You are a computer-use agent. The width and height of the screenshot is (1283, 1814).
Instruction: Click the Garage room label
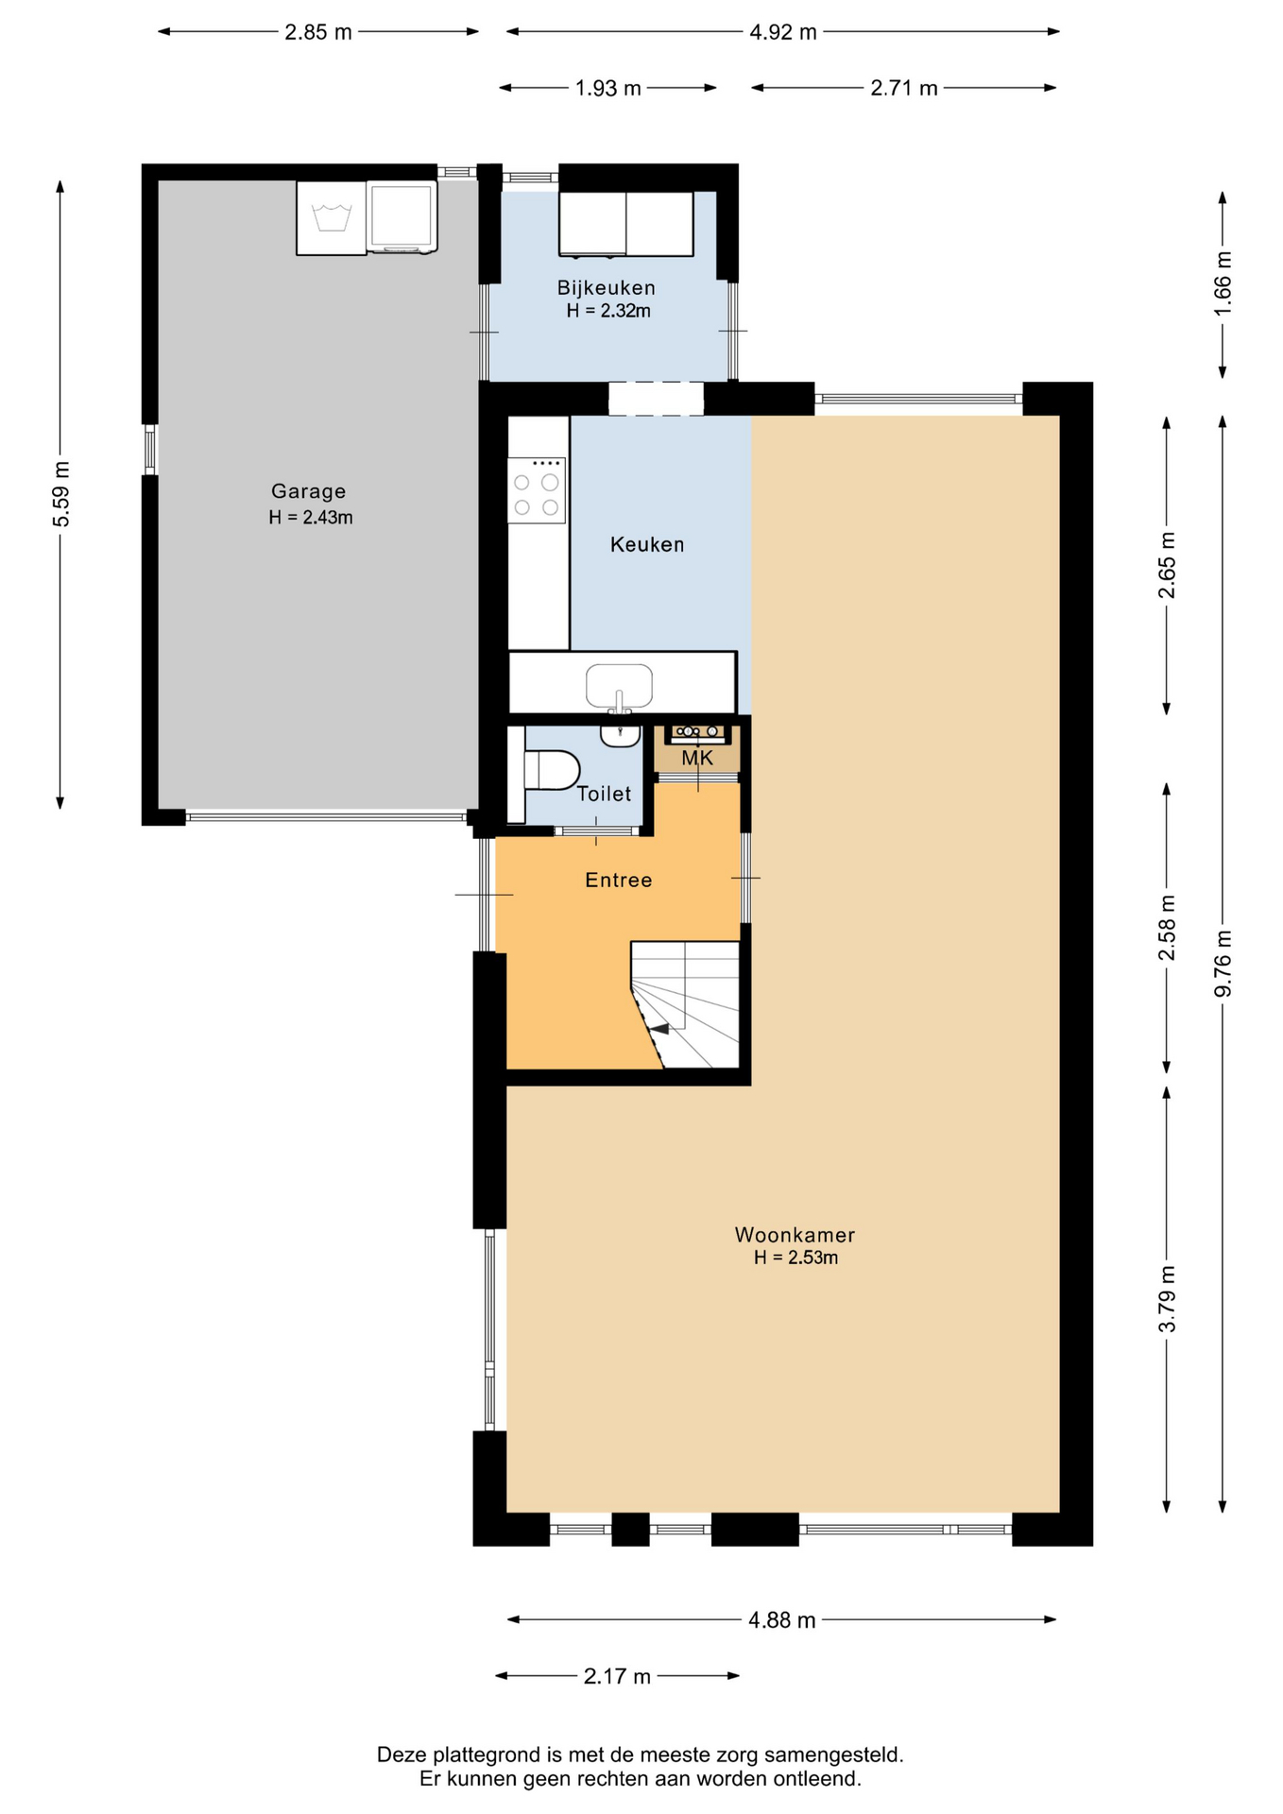[308, 491]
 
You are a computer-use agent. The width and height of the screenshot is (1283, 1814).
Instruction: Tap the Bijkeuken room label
[606, 288]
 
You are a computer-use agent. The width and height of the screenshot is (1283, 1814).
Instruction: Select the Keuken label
[647, 544]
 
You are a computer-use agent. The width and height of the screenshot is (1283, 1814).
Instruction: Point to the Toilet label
[604, 794]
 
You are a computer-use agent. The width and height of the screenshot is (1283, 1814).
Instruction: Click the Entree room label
[619, 881]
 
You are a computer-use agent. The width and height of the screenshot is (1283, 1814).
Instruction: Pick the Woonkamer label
[795, 1235]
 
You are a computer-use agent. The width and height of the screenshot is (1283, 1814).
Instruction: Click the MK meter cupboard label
[697, 758]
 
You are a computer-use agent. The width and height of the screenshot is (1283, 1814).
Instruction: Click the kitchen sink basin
[619, 686]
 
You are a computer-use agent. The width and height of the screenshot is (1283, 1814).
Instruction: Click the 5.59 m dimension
[60, 495]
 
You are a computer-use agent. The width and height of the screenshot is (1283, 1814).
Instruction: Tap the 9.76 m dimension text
[1223, 964]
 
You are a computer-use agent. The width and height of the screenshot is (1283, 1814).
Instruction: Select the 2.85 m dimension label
[318, 32]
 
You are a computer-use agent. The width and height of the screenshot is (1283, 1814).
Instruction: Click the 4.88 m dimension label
[782, 1620]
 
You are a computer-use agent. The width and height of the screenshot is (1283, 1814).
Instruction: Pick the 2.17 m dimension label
[617, 1676]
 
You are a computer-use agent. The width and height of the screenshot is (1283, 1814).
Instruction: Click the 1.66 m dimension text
[1223, 283]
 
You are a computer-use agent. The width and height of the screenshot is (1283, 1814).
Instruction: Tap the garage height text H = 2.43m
[311, 518]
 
